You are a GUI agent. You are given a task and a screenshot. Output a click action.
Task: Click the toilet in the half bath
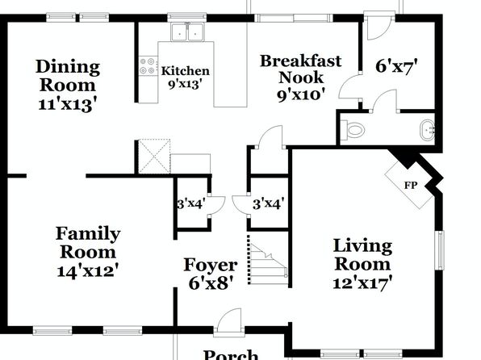click(353, 129)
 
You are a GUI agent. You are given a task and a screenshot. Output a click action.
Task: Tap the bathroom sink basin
click(427, 130)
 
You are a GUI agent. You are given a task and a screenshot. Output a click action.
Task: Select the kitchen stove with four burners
click(148, 66)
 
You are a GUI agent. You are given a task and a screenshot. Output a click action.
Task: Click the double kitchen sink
click(187, 31)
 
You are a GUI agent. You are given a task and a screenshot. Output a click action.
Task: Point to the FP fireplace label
click(411, 186)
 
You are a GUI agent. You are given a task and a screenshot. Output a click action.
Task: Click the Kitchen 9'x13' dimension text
click(186, 84)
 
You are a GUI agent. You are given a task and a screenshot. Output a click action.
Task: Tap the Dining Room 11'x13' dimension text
click(69, 105)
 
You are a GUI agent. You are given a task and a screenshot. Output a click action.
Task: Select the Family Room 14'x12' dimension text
click(88, 271)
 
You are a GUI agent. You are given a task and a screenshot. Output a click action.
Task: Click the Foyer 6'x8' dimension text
click(210, 283)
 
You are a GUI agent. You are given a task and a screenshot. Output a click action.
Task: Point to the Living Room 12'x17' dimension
click(363, 283)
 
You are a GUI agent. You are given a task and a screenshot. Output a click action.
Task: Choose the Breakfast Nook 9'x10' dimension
click(301, 95)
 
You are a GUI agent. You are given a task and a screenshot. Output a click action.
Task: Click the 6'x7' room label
click(397, 66)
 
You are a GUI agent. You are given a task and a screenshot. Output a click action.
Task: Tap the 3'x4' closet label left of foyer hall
click(190, 203)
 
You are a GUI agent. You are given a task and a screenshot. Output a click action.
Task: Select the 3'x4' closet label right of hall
click(269, 203)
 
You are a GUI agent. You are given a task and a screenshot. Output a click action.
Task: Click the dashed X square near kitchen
click(154, 157)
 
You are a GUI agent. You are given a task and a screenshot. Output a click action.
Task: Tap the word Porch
click(231, 354)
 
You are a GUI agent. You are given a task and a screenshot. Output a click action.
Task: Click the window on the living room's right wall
click(441, 250)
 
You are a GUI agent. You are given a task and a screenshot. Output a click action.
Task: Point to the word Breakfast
click(300, 61)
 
